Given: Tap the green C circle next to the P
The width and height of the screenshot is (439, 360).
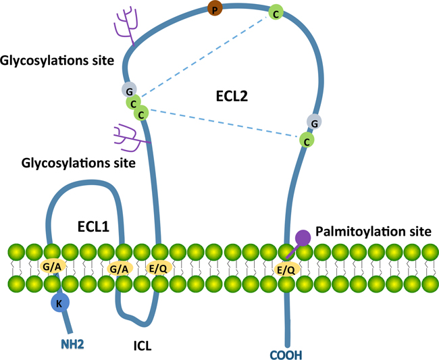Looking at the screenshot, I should point(275,11).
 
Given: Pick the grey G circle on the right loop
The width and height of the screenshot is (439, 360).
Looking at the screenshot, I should point(314,122).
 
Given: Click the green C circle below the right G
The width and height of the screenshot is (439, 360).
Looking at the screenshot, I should point(307,140).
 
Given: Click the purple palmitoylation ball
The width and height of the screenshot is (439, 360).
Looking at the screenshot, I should point(303,237).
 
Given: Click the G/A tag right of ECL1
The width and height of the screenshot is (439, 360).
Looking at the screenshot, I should point(120,268).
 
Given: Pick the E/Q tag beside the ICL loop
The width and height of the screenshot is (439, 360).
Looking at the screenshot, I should point(158,268).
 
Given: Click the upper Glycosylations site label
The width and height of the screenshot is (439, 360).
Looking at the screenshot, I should point(57,61).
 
